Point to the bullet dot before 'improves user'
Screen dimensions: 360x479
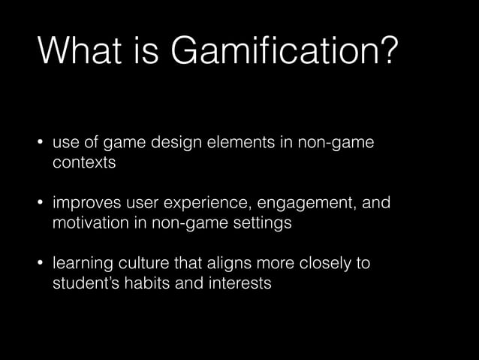41,204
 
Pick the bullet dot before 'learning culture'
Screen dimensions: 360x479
41,265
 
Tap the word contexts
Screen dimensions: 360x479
84,163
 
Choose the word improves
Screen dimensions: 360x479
83,204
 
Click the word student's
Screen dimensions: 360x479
83,285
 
